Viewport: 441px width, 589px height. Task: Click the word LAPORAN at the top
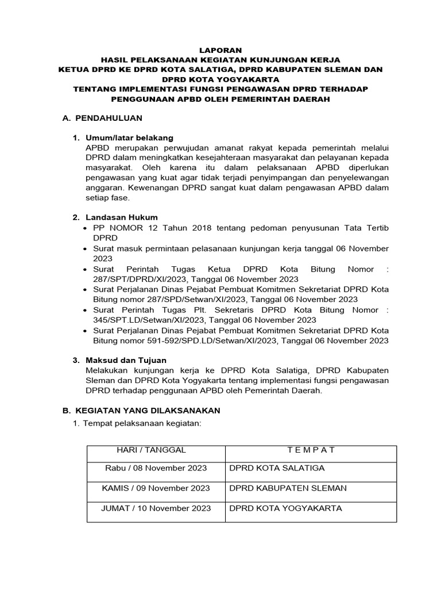point(220,50)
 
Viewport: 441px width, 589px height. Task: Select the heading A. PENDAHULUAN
point(102,118)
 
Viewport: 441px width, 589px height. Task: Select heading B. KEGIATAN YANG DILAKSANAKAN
point(141,411)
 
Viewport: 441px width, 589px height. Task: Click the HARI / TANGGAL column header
point(152,450)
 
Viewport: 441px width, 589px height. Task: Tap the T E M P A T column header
point(311,450)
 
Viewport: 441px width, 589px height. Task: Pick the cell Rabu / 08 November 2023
point(156,468)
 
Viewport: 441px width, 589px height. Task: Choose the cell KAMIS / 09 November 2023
point(156,488)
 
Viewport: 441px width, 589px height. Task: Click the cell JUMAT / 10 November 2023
point(156,508)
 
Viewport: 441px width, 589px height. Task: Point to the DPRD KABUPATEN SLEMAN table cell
point(288,488)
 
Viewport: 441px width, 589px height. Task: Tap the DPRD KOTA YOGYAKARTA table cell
point(285,508)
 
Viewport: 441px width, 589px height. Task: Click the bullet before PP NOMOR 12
point(86,228)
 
